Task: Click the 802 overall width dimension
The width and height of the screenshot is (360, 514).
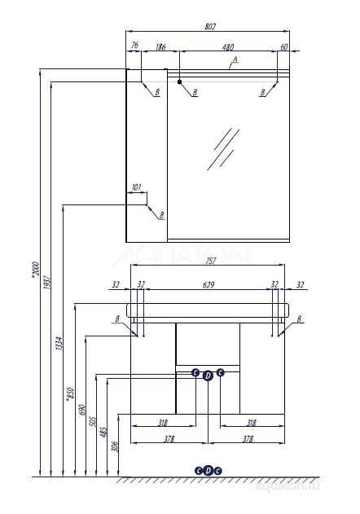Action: point(210,28)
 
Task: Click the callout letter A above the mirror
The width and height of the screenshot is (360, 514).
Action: point(235,60)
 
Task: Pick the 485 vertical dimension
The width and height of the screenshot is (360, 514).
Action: point(103,430)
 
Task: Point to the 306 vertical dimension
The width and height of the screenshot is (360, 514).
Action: point(115,446)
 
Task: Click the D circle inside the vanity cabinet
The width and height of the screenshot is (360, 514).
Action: point(208,375)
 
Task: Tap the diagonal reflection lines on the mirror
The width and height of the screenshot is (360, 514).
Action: point(222,149)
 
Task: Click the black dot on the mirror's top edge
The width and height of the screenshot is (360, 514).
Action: point(179,81)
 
